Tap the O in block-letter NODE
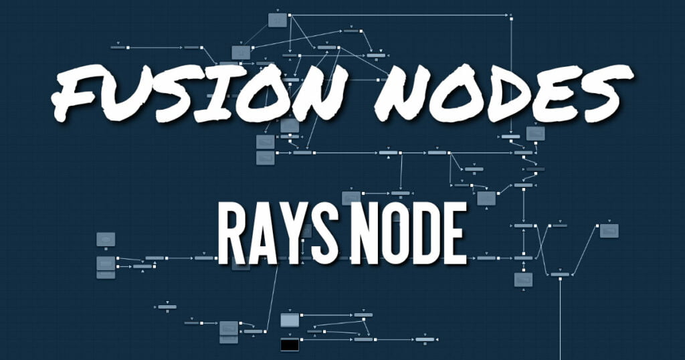397,234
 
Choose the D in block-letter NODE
428,234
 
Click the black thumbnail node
290,345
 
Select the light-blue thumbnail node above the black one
290,321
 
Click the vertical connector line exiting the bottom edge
560,319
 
